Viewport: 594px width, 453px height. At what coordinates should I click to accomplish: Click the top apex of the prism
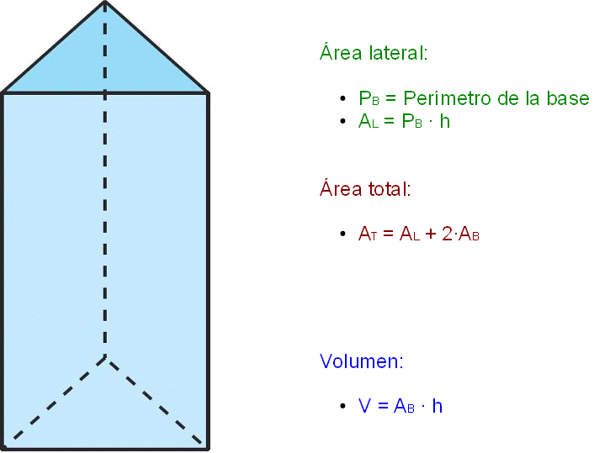point(105,2)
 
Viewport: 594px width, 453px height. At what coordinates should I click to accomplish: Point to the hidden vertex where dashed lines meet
point(105,356)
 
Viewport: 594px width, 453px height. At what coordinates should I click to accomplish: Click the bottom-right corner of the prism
point(208,449)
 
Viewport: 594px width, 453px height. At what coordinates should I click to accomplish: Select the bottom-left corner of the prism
point(3,449)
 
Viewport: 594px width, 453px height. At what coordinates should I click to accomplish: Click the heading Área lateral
point(374,53)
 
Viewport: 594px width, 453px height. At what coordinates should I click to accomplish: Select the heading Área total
point(365,188)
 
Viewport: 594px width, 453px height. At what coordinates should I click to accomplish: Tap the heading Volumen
point(362,361)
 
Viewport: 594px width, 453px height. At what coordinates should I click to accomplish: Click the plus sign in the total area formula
point(431,234)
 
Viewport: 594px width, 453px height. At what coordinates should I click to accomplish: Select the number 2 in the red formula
point(447,234)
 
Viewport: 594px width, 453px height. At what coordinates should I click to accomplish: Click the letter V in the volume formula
point(364,406)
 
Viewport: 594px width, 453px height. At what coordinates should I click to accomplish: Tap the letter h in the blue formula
point(438,406)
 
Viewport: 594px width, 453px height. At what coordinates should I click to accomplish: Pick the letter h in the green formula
point(445,121)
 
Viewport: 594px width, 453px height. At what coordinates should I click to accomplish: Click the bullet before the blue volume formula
point(342,406)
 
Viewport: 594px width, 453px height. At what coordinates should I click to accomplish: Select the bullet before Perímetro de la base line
point(342,98)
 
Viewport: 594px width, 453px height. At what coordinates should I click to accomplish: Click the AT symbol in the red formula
point(368,234)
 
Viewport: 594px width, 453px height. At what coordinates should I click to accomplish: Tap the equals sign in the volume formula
point(383,406)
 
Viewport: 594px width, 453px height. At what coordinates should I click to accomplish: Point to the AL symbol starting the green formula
point(369,121)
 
